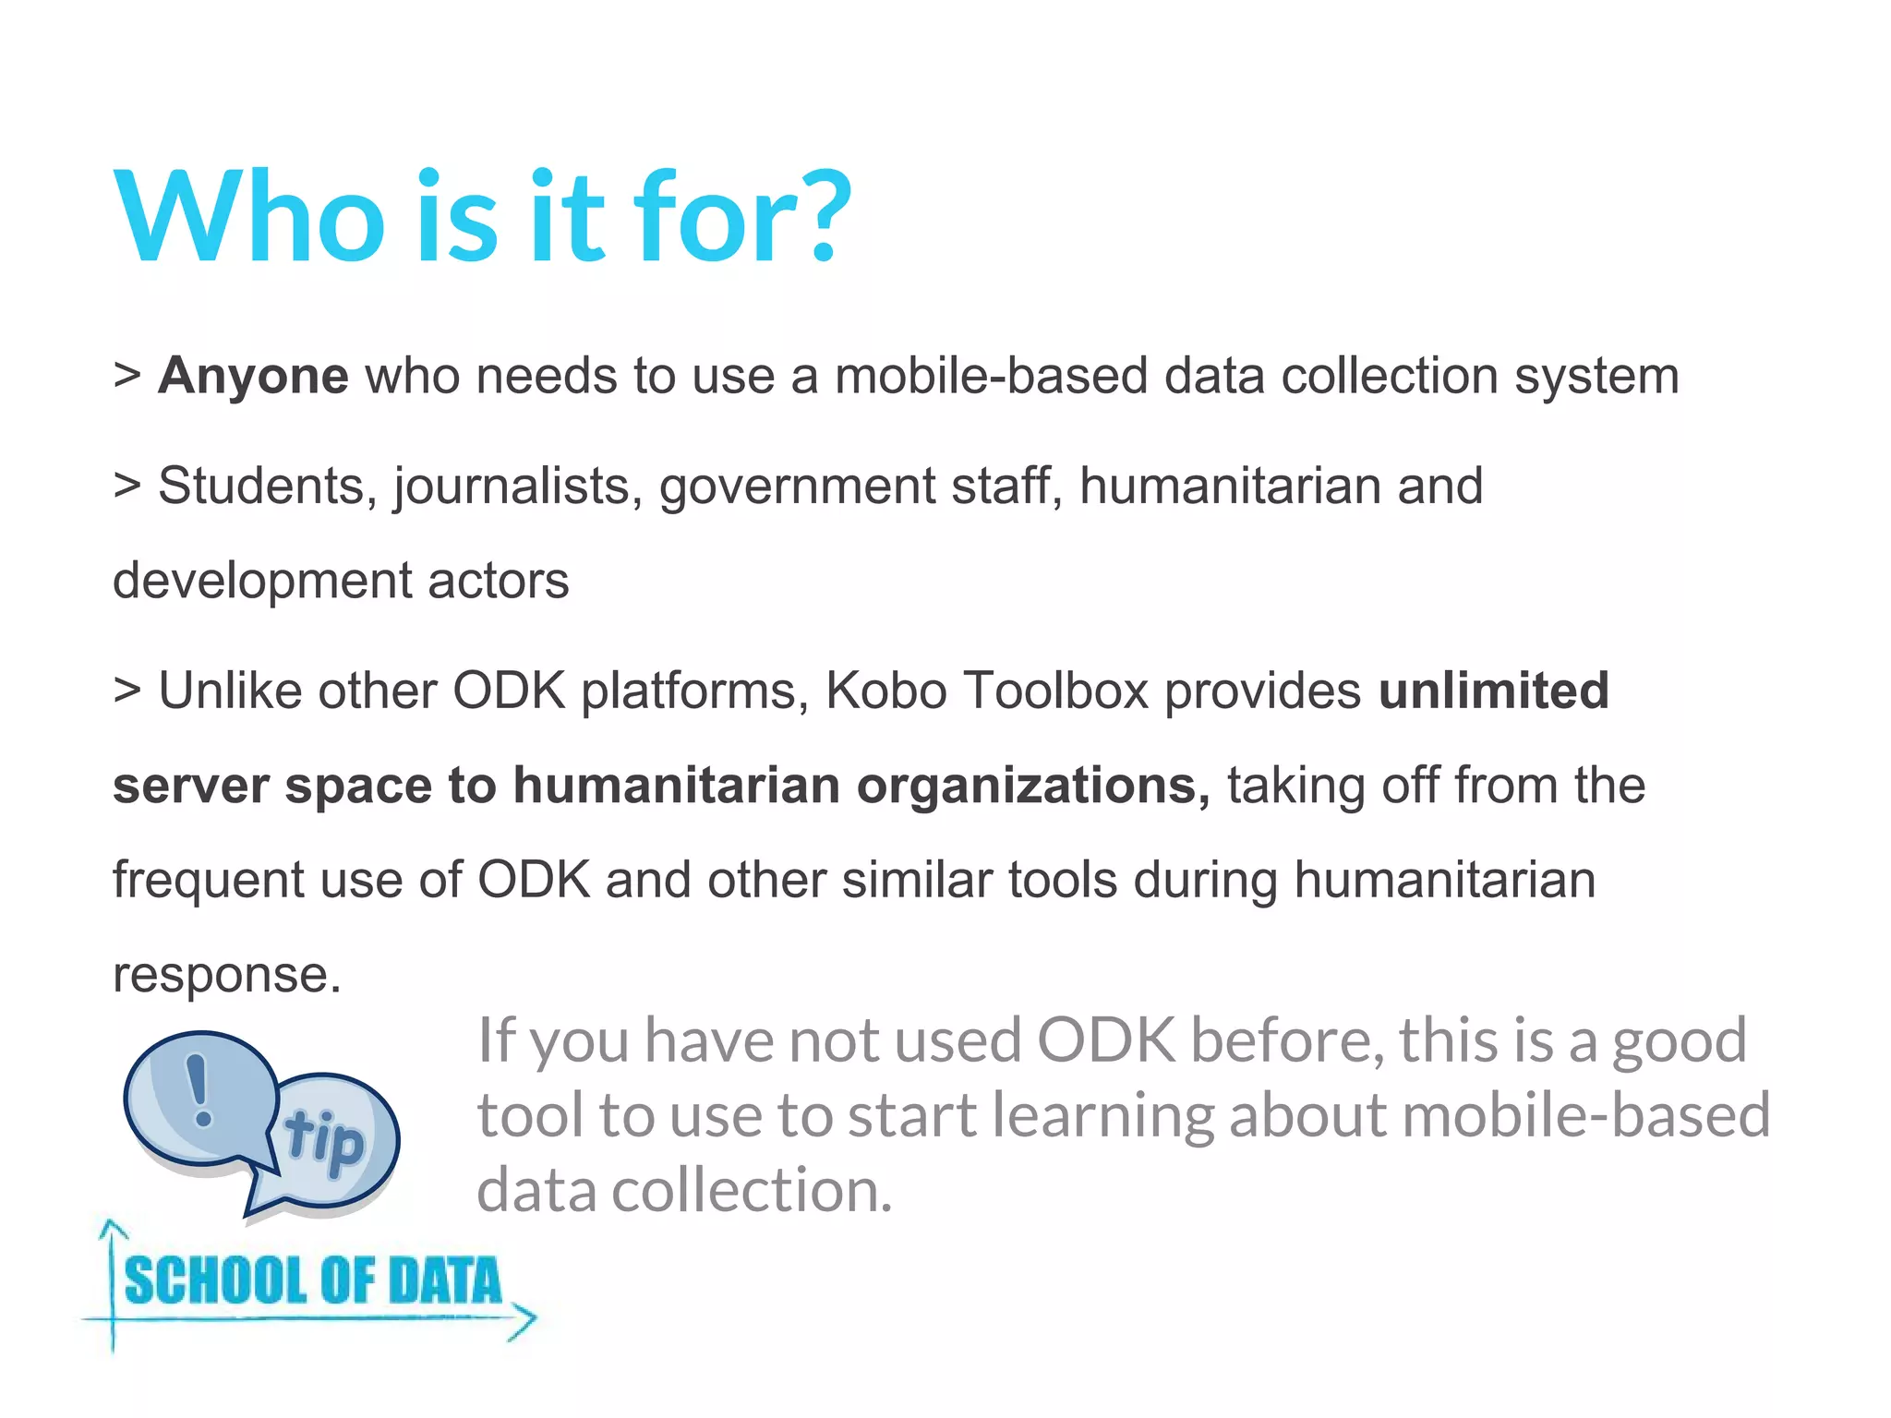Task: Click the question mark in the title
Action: tap(818, 216)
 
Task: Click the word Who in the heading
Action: tap(249, 218)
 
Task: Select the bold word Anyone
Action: tap(253, 376)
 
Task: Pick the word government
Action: tap(797, 487)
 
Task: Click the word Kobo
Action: tap(885, 691)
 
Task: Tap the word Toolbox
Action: tap(1055, 691)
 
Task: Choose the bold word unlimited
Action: tap(1493, 691)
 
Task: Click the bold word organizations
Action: tap(1032, 786)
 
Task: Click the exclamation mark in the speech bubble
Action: tap(198, 1090)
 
